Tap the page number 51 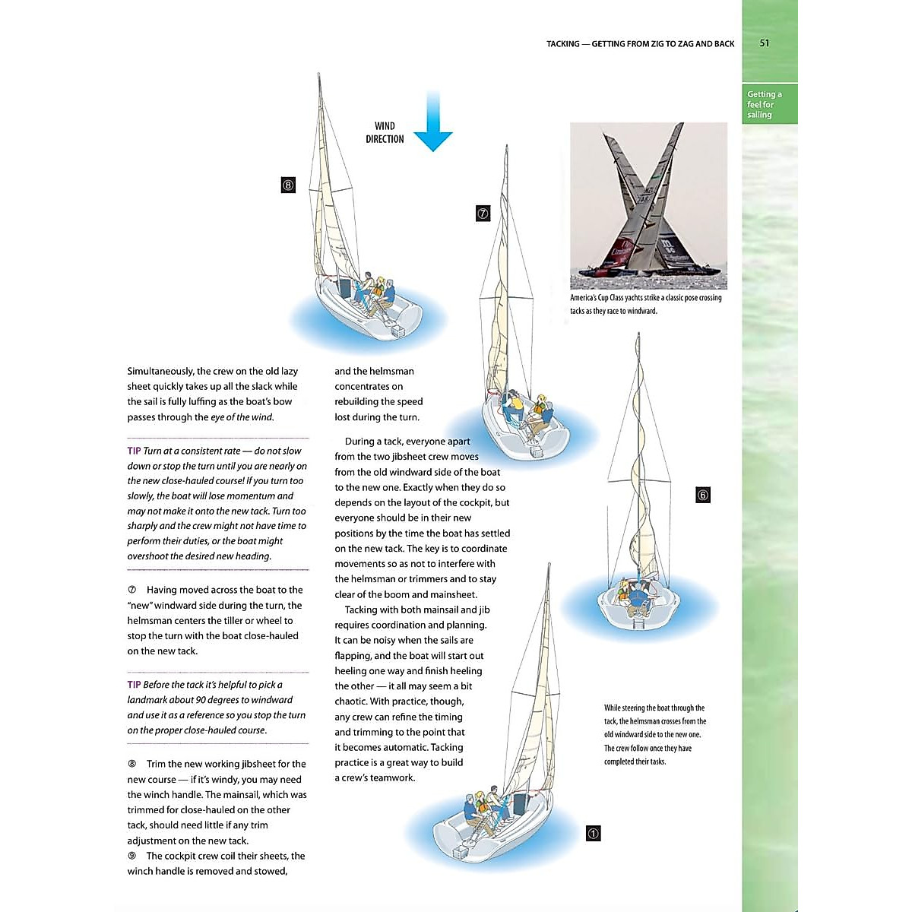tap(765, 43)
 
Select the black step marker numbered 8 tap(288, 185)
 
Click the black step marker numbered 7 tap(483, 214)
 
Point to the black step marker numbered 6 tap(703, 496)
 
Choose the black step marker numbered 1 tap(594, 834)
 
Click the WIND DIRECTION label tap(385, 132)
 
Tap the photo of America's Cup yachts tap(648, 206)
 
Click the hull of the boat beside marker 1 tap(486, 828)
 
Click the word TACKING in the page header tap(562, 44)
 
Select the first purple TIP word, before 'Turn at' tap(134, 451)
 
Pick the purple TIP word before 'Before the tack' tap(134, 685)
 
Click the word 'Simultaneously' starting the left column tap(160, 372)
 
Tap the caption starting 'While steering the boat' tap(655, 734)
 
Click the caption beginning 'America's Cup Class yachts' tap(646, 304)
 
